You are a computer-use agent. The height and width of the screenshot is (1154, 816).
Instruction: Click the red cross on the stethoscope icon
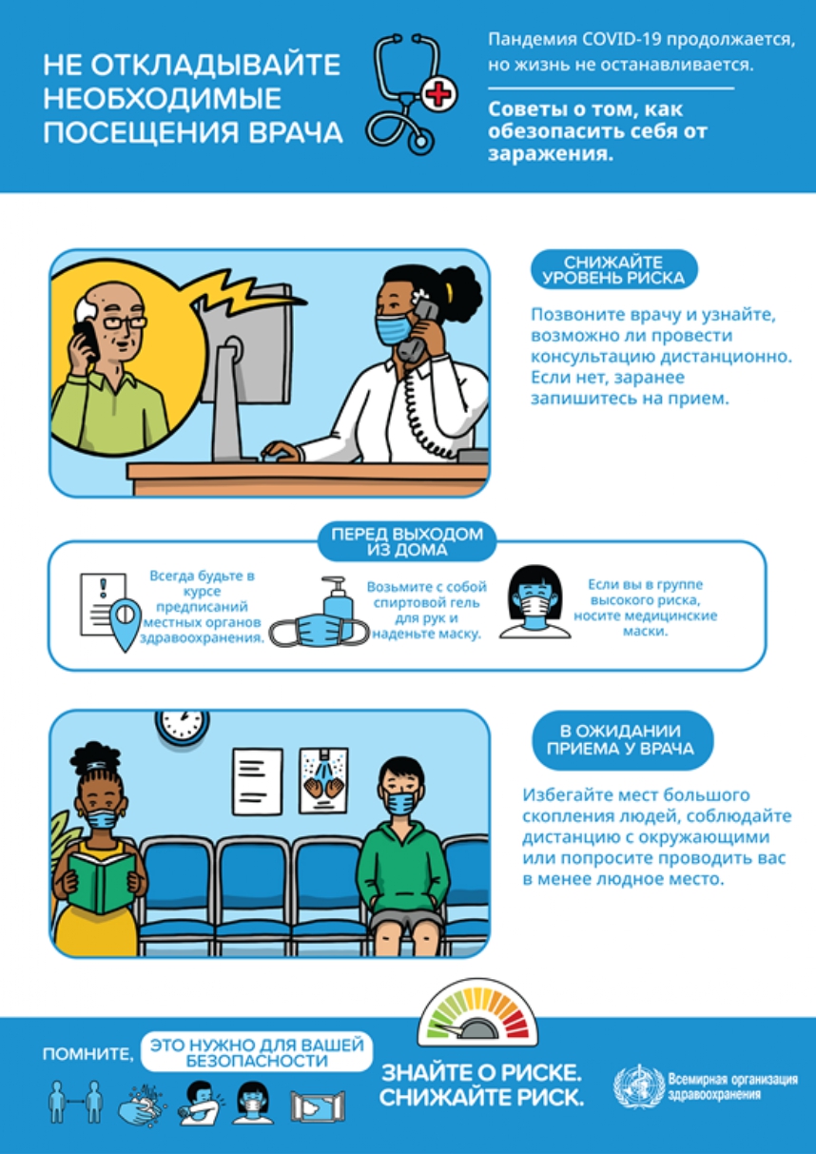coord(439,94)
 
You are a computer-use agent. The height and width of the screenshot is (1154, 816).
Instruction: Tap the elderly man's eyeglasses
coord(124,323)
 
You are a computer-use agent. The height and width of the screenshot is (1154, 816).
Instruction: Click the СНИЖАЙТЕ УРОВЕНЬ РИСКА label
coord(613,270)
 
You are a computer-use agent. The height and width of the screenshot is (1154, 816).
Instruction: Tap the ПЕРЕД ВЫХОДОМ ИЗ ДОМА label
coord(407,542)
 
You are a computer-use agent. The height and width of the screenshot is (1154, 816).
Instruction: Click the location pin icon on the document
coord(125,625)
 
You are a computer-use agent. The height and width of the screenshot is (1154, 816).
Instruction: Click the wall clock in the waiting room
coord(182,726)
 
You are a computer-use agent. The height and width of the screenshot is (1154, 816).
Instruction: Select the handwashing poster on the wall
coord(323,781)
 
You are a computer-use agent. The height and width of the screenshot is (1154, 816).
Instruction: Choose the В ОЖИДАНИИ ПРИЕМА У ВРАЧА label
coord(621,740)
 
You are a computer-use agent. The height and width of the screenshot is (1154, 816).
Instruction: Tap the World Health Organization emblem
coord(638,1087)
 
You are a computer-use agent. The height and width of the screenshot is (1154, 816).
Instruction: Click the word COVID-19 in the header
coord(621,40)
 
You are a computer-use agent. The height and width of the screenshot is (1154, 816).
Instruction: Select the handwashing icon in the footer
coord(142,1103)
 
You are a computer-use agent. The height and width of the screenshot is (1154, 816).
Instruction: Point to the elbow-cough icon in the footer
coord(201,1102)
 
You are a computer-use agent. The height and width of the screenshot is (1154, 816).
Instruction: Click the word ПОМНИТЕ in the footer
coord(87,1054)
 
